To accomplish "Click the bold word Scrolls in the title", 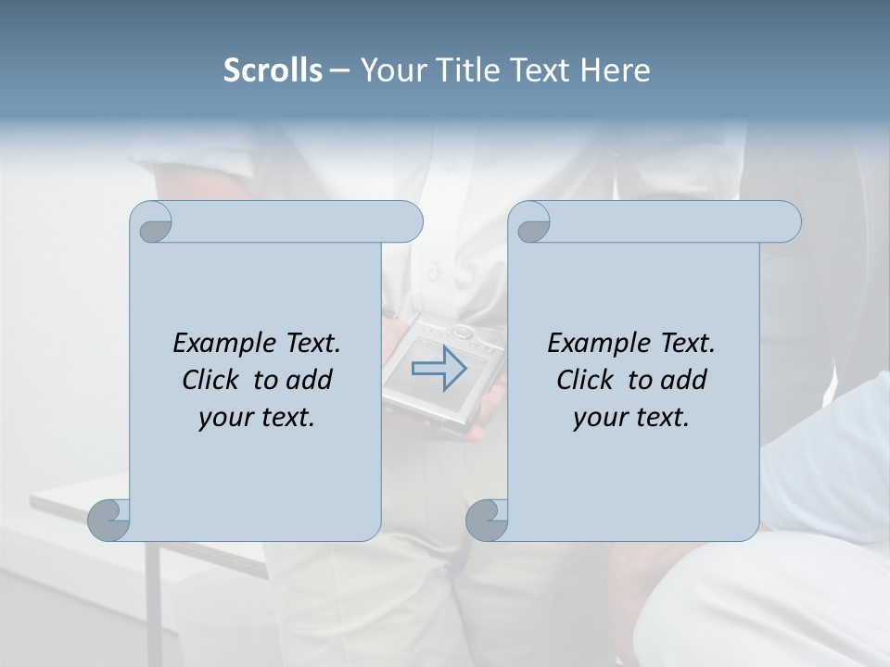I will [273, 70].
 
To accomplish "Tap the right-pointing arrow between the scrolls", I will [439, 368].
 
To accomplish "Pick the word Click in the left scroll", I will [211, 380].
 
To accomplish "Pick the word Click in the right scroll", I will [586, 380].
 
